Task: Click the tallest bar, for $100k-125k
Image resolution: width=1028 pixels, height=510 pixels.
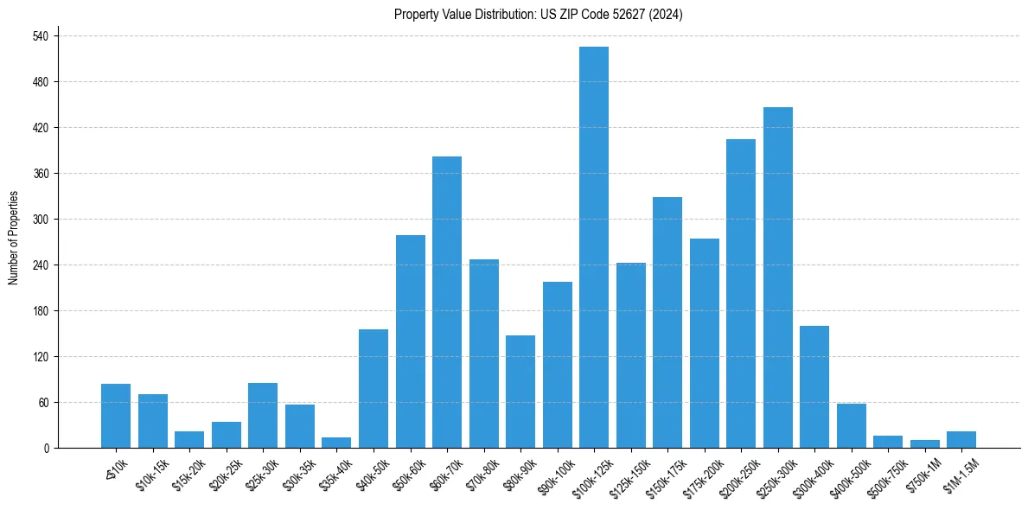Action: pos(594,247)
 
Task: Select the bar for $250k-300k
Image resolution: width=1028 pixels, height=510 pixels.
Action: pos(777,277)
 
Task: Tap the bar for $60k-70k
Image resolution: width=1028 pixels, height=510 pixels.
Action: pos(447,302)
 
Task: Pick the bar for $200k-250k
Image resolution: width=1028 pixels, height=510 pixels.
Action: pos(741,293)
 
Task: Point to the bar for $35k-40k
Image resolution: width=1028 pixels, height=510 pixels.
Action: pos(336,443)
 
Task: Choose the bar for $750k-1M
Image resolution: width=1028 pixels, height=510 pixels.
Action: pos(924,443)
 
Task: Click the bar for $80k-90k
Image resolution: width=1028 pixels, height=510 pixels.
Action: pos(520,392)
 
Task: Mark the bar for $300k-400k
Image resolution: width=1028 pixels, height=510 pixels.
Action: pos(814,386)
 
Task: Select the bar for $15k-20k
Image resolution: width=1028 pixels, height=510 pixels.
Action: pos(189,439)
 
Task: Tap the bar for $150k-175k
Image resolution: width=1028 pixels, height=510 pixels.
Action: pos(667,322)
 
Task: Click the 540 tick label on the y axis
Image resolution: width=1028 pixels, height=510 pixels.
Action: pos(41,36)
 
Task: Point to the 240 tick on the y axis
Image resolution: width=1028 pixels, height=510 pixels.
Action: pos(41,265)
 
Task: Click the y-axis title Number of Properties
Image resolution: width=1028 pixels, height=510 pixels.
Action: pos(14,238)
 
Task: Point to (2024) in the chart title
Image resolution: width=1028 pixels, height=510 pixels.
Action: pos(667,15)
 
